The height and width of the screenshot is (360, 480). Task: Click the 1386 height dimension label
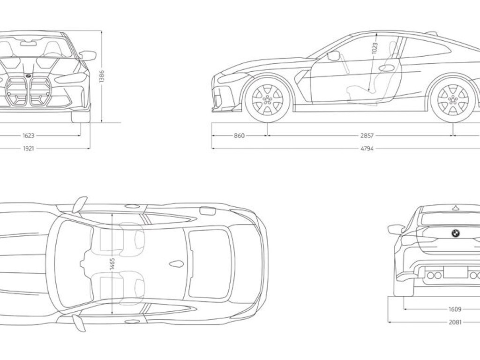tap(102, 76)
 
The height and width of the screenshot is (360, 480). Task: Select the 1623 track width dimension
tap(29, 135)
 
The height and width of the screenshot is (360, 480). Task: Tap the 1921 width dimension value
tap(29, 149)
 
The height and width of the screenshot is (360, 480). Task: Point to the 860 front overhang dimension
tap(239, 135)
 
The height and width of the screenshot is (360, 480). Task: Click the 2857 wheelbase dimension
tap(367, 135)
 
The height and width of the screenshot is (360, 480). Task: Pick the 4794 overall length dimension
tap(367, 149)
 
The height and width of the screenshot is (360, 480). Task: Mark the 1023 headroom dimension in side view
tap(375, 48)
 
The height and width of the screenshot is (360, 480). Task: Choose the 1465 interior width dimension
tap(112, 265)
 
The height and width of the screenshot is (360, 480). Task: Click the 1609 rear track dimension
tap(455, 309)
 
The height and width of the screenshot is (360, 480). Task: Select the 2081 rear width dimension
tap(455, 322)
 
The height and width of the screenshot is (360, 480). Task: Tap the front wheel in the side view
tap(268, 99)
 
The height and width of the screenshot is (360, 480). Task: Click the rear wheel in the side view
tap(453, 99)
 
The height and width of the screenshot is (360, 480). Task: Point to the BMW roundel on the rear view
tap(456, 233)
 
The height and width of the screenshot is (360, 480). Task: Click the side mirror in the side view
tap(333, 56)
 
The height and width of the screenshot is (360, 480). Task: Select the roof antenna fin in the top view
tap(177, 264)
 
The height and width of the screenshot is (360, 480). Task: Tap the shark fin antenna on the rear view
tap(456, 208)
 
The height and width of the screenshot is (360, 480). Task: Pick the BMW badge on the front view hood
tap(28, 75)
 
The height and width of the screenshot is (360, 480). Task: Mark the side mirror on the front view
tap(88, 55)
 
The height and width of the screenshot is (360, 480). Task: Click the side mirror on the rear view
tap(396, 229)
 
